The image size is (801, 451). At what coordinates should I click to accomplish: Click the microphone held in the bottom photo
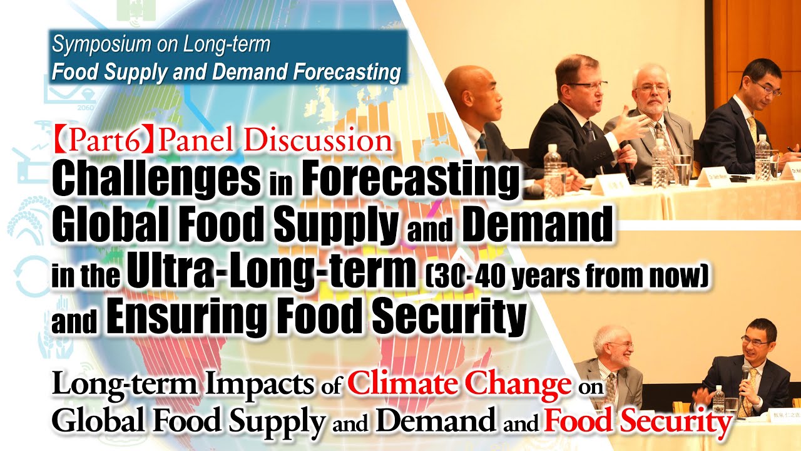point(745,376)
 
